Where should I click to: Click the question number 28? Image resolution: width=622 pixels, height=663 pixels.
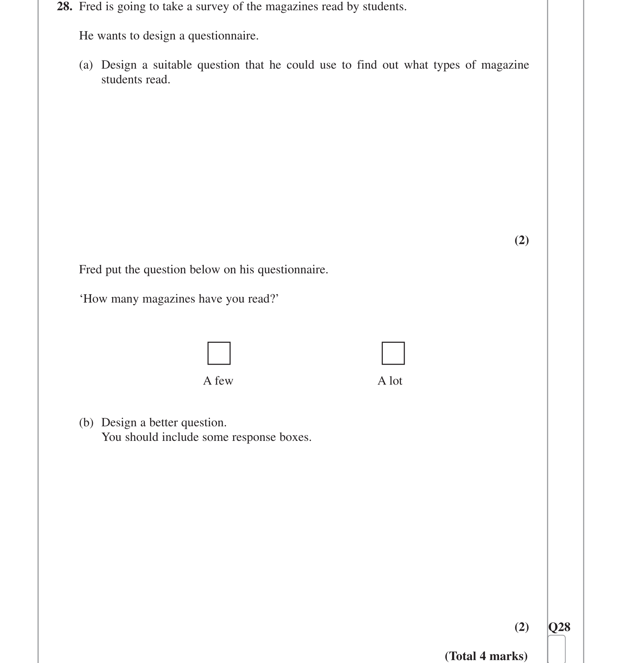pos(64,7)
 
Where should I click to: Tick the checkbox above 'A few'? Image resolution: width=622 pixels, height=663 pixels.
pos(219,353)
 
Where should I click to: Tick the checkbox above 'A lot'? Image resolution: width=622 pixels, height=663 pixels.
pos(393,353)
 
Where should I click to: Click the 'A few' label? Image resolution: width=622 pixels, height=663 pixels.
pos(218,381)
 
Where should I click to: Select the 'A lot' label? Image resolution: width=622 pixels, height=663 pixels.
pos(390,381)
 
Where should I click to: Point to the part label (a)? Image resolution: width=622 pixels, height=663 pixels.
pos(86,65)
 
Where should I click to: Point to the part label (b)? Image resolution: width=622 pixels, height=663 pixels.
pos(86,422)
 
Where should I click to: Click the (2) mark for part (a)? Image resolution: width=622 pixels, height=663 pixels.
pos(522,240)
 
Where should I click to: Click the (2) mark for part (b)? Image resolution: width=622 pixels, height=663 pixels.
pos(522,627)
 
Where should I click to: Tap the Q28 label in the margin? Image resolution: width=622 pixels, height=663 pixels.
pos(559,627)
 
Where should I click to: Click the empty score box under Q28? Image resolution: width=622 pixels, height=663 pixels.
pos(557,649)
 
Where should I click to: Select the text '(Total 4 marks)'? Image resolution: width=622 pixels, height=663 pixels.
pos(486,656)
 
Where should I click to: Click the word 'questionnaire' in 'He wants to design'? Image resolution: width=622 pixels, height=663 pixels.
pos(223,36)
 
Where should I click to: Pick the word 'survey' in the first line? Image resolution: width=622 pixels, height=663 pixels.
pos(212,7)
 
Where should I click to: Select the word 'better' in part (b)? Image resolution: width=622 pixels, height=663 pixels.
pos(164,422)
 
